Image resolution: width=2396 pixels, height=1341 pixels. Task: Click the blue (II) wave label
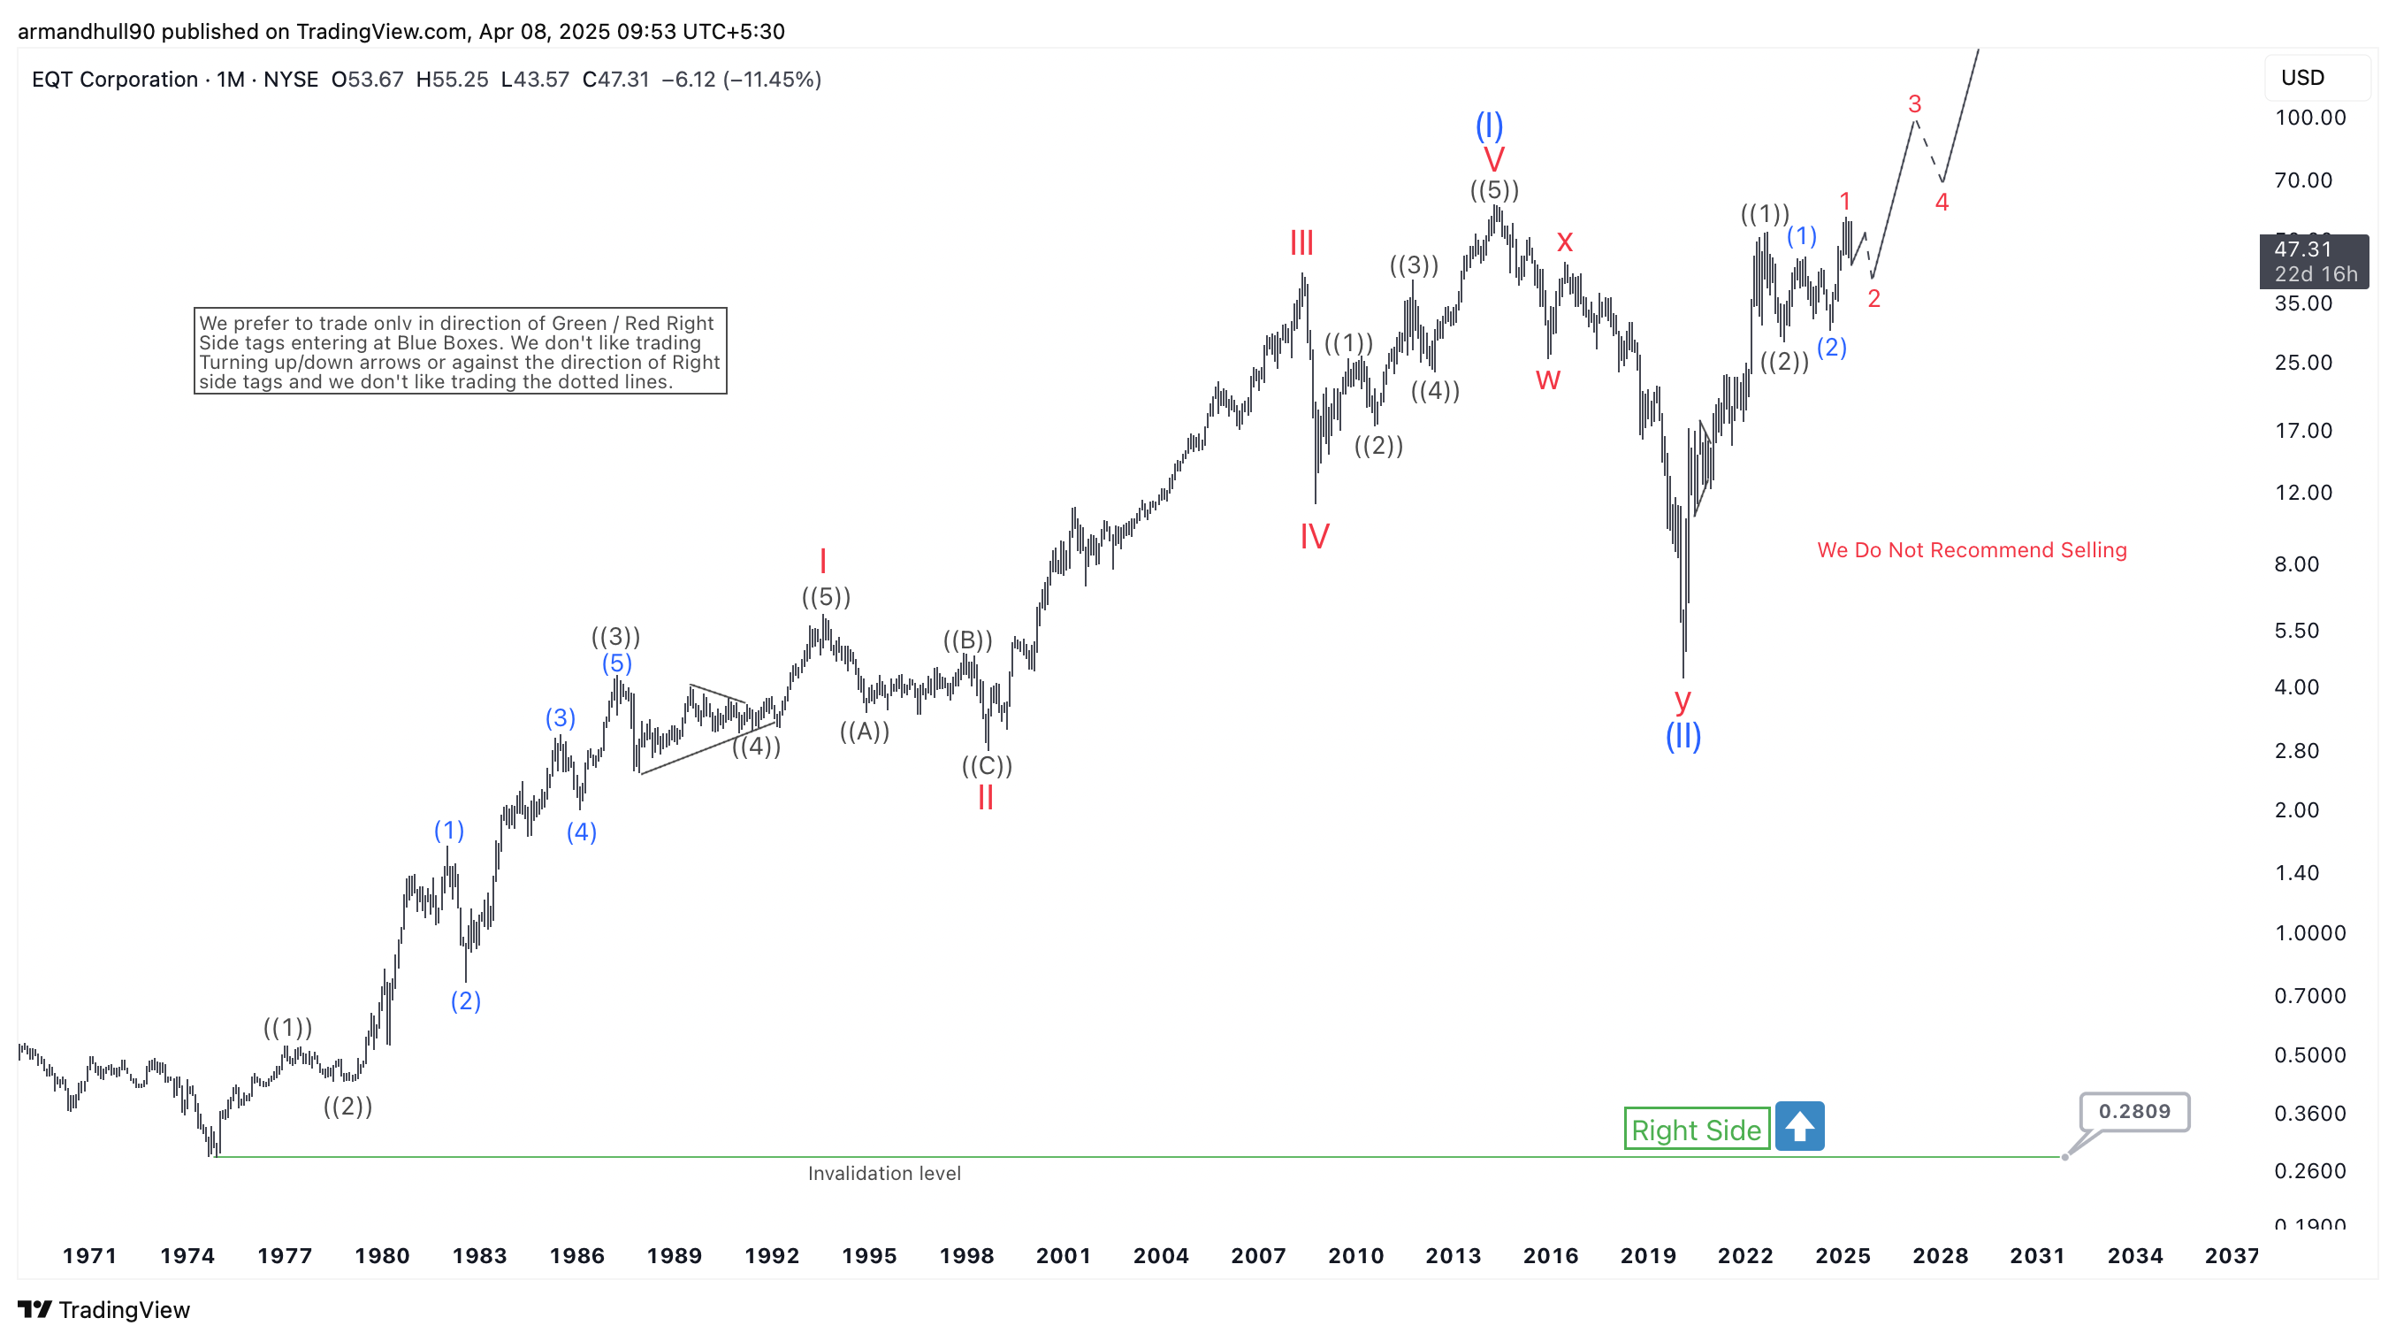tap(1683, 736)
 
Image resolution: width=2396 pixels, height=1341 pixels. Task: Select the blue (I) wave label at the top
tap(1489, 125)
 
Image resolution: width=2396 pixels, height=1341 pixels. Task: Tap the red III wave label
tap(1301, 244)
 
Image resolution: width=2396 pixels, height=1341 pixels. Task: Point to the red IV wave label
tap(1315, 536)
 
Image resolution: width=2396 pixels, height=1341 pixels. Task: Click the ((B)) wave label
tap(967, 640)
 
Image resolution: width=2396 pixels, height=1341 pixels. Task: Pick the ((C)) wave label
tap(987, 766)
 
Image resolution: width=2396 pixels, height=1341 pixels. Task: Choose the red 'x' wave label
tap(1564, 242)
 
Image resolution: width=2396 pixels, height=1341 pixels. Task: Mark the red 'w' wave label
tap(1548, 379)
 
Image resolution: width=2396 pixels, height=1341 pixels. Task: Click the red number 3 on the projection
tap(1914, 103)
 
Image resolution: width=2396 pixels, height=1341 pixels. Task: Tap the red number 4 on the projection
tap(1942, 202)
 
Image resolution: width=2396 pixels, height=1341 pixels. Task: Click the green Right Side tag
tap(1696, 1129)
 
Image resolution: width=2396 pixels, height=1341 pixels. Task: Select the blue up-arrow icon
tap(1799, 1126)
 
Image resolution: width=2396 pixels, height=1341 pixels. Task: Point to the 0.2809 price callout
tap(2133, 1111)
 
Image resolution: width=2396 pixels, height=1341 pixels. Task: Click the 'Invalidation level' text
tap(883, 1174)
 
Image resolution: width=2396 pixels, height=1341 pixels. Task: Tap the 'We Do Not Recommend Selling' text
tap(1972, 550)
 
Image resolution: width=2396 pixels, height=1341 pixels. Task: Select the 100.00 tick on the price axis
tap(2309, 118)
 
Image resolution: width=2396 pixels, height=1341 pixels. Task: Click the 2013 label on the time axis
tap(1453, 1255)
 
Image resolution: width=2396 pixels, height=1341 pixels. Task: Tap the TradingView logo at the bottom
tap(103, 1309)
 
